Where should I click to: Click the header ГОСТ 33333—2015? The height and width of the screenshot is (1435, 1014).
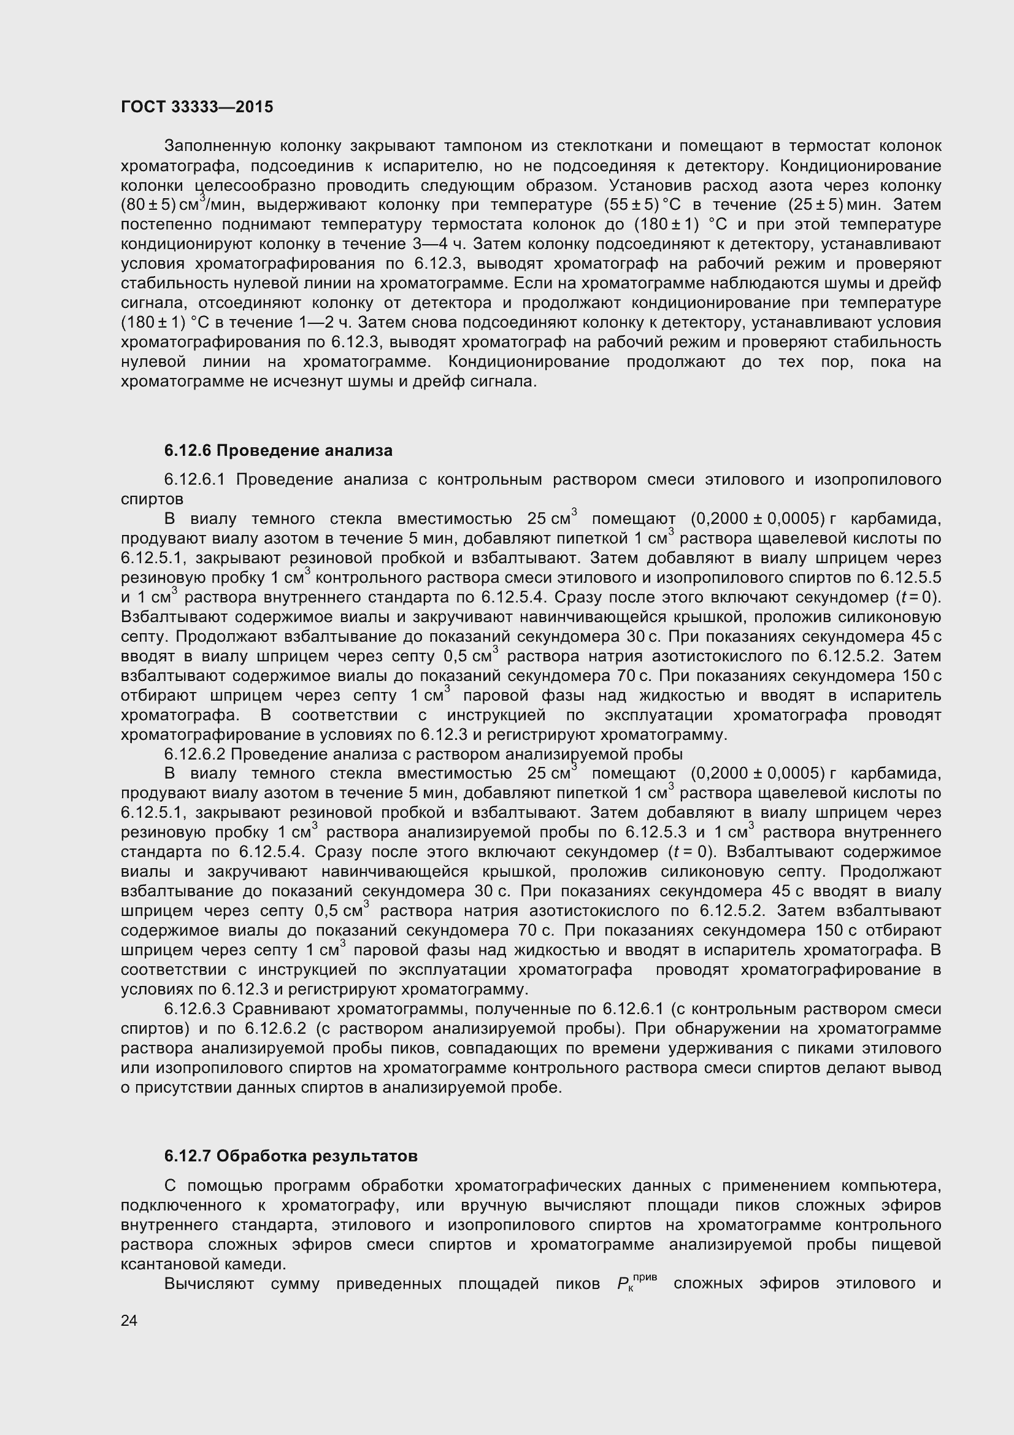[197, 107]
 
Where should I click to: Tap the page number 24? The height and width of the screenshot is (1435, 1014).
[129, 1320]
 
